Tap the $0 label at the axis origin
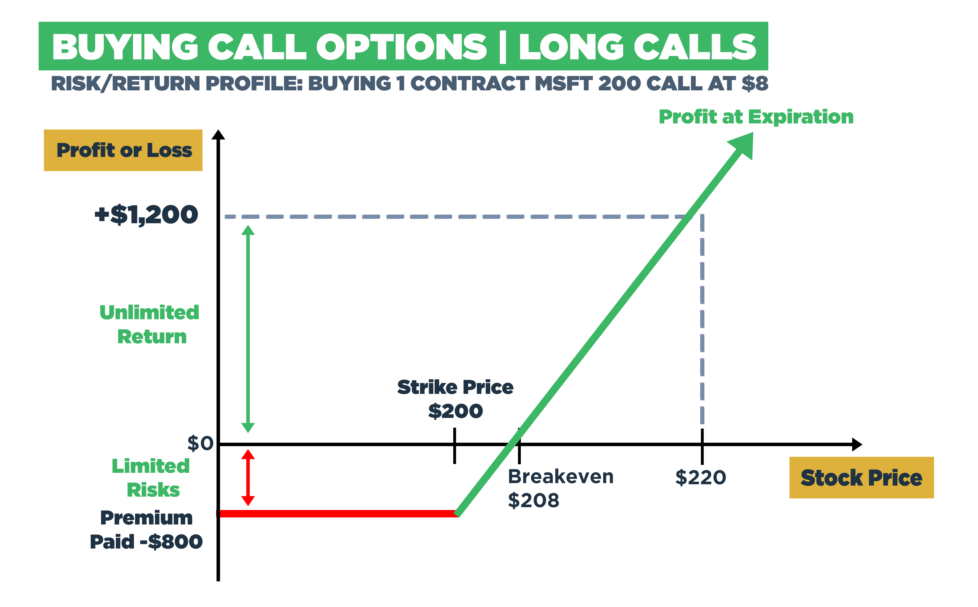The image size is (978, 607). point(200,444)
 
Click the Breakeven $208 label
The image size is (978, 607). point(560,488)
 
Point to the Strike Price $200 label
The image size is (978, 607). point(455,399)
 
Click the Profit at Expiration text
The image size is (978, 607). point(756,117)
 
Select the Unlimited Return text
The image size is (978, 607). point(149,324)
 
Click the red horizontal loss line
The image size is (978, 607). point(337,513)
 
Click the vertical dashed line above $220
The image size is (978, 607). point(702,321)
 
